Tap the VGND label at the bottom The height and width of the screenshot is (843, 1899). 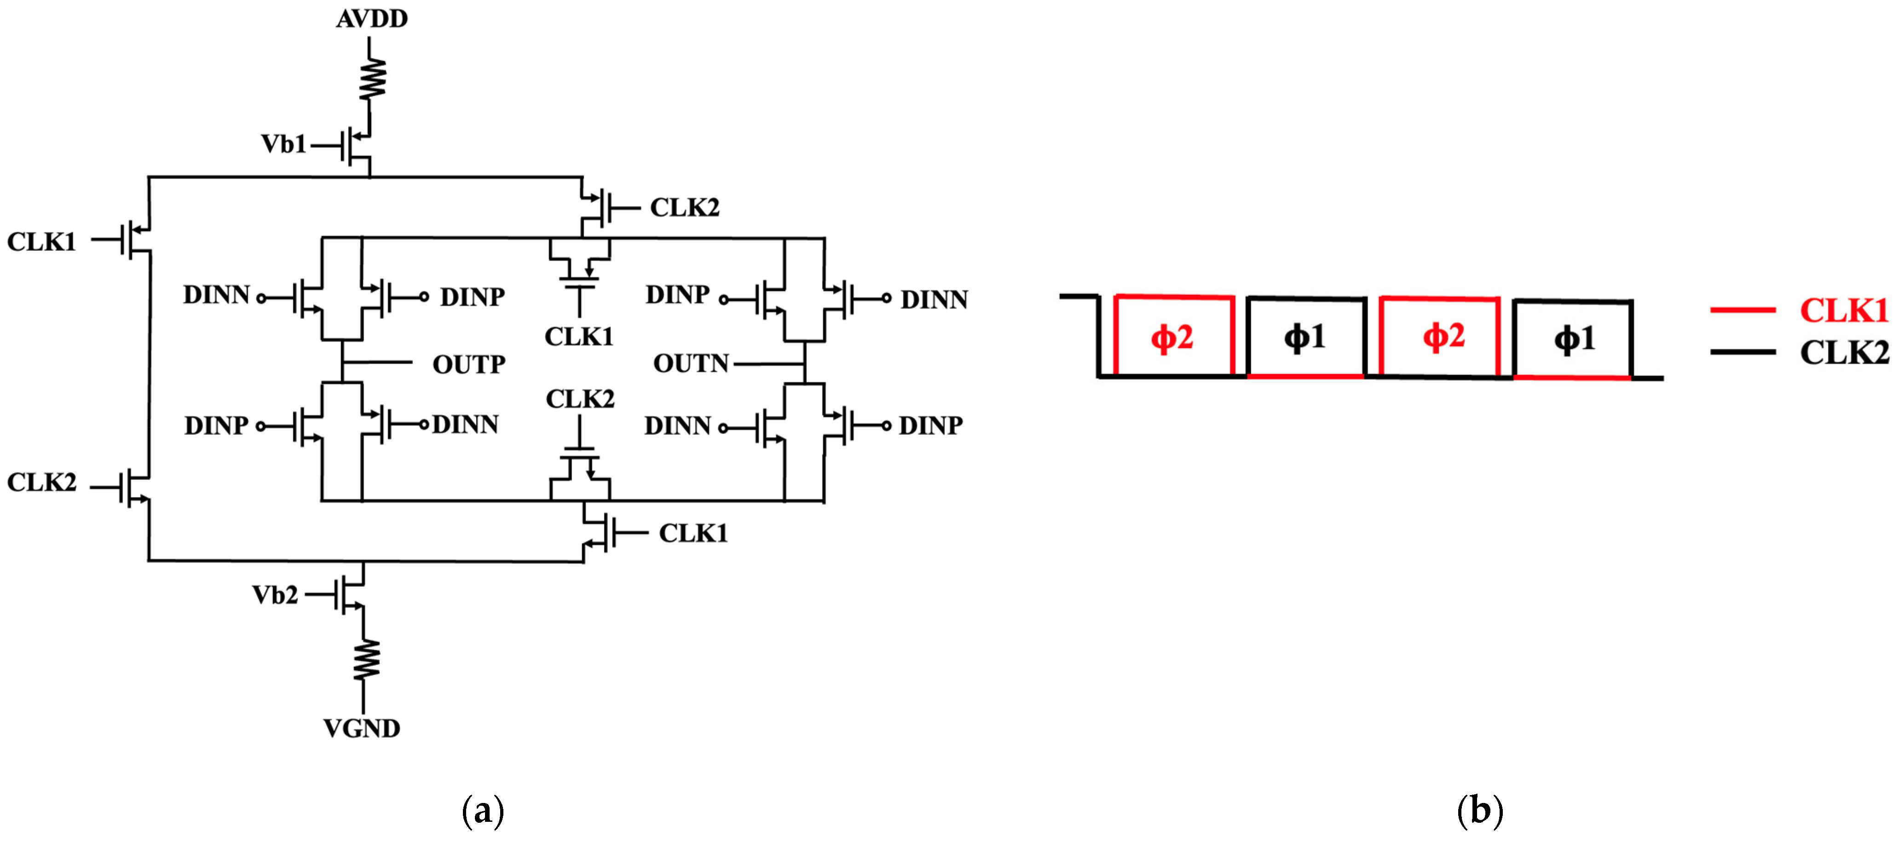tap(362, 729)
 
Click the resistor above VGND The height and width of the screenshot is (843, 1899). tap(364, 659)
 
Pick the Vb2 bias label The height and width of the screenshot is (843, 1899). tap(275, 595)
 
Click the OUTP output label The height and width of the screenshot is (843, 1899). tap(469, 364)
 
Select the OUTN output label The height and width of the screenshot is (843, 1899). tap(691, 363)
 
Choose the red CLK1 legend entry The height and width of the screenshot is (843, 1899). tap(1843, 310)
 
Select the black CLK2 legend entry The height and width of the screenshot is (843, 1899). tap(1843, 352)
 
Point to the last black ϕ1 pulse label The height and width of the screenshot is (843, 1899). tap(1575, 339)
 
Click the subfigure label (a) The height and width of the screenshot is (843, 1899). tap(483, 811)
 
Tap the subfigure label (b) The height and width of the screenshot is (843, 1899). tap(1479, 811)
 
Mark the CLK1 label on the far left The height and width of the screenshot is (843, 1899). tap(41, 242)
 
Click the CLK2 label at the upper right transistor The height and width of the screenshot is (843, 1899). tap(684, 208)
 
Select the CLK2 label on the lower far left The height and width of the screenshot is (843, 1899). tap(41, 483)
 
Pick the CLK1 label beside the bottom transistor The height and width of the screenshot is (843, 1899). tap(693, 533)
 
